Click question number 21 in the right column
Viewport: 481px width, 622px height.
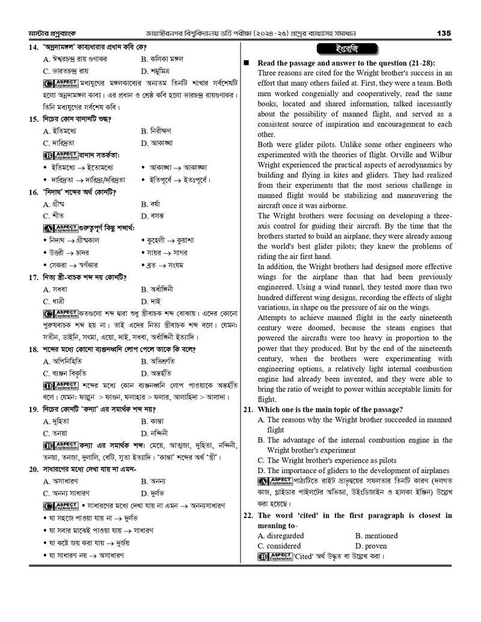click(248, 409)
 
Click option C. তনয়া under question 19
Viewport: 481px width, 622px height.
click(55, 433)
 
